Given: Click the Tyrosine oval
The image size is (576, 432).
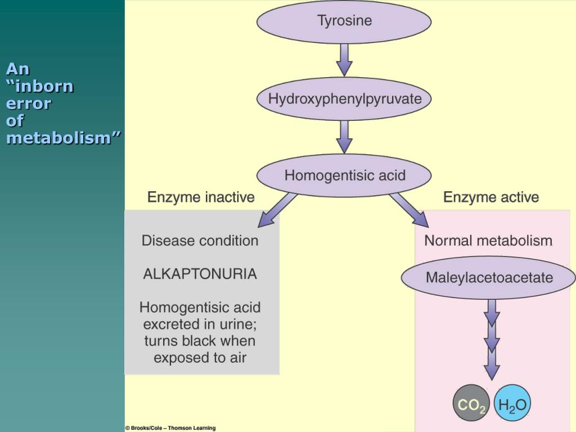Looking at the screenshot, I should pos(344,22).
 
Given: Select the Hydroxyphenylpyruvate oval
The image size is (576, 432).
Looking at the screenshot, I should pos(344,99).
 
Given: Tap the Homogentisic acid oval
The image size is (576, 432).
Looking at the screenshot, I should pos(344,175).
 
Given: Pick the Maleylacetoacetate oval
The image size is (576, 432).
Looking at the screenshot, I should pos(489,277).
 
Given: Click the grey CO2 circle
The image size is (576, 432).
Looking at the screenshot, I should pos(471,404).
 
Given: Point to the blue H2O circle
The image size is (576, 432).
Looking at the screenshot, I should pos(512,404).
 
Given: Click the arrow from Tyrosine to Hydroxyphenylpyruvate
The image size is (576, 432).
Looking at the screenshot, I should pos(344,60).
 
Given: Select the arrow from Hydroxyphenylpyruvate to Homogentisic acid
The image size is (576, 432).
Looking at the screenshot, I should pos(344,136).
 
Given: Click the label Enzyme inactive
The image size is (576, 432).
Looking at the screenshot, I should pos(201,197).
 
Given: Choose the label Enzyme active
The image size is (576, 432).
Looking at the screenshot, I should pos(491,197).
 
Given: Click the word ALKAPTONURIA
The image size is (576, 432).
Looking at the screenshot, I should pos(200,274).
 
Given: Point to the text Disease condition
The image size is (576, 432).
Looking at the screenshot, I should pos(200,241).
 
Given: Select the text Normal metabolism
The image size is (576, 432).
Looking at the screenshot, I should pos(488,241).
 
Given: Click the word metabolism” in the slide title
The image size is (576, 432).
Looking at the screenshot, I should pos(64,137).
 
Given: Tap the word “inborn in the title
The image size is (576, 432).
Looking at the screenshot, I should pos(40,87).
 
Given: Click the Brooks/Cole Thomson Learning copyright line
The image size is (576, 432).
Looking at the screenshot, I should pos(170,428).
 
